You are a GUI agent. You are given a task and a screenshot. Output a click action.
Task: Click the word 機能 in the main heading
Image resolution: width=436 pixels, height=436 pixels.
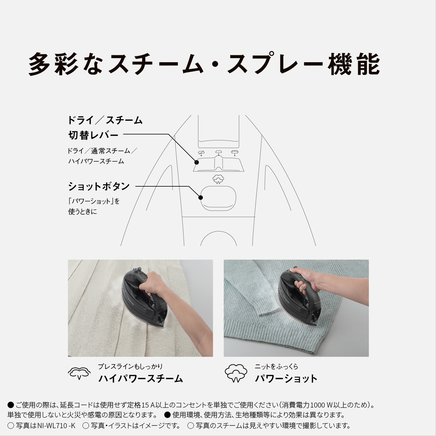point(354,64)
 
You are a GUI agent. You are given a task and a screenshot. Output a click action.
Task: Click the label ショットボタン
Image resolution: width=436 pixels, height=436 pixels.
point(99,186)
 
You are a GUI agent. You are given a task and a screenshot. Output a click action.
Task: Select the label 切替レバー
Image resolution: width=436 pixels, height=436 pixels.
point(93,135)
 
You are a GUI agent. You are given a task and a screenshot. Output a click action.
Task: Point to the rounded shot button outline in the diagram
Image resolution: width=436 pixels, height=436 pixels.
point(218,198)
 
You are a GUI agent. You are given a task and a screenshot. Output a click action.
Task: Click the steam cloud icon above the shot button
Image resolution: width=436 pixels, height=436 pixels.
point(218,179)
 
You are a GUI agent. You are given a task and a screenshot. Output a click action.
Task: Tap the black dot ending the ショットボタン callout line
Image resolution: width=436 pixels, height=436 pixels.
point(201,198)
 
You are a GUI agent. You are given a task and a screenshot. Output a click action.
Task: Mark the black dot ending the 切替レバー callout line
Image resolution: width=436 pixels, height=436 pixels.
point(197,162)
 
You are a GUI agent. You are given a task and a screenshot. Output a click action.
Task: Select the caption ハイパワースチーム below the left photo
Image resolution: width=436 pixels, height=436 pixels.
point(141,378)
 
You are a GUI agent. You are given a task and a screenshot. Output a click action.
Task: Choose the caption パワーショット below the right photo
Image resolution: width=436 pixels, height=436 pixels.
point(286,378)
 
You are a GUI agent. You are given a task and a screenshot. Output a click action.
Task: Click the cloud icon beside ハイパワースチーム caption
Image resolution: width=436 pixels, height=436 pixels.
point(79,374)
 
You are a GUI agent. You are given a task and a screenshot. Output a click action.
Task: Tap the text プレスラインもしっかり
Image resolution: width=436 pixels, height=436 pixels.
point(130,367)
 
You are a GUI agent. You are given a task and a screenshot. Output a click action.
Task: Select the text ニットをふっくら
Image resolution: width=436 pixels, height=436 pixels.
point(276,367)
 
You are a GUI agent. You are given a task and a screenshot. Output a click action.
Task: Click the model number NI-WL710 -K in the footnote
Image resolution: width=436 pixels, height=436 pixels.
point(56,425)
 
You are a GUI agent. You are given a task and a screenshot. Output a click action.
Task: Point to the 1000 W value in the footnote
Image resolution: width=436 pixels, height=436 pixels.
point(324,405)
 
